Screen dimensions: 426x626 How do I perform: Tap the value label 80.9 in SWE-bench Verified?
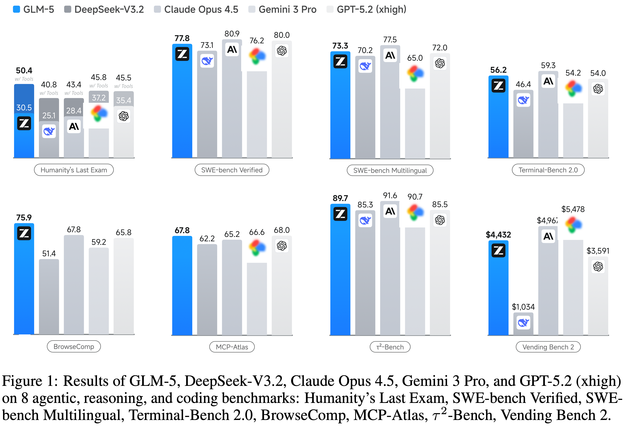pos(232,34)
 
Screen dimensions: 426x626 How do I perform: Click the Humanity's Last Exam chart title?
pos(74,170)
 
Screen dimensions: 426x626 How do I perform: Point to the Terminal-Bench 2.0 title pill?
pos(548,170)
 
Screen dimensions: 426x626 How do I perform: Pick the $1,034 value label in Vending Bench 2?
pos(523,307)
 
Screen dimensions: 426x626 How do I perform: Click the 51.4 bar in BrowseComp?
pos(49,296)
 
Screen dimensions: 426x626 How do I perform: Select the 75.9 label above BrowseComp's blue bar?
pos(24,217)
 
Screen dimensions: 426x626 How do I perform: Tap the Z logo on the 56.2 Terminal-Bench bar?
pos(498,86)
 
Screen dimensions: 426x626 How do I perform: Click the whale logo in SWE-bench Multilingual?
pos(365,66)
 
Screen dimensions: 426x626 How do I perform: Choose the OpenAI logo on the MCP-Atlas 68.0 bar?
pos(282,246)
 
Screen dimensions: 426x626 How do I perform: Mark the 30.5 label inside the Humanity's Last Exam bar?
pos(24,108)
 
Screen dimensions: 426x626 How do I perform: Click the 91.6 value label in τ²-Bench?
pos(390,195)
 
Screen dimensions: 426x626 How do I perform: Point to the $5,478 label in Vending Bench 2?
pos(573,209)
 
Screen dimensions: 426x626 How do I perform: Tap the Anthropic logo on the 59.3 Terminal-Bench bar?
pos(548,81)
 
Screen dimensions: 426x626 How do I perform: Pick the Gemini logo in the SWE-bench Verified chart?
pos(257,56)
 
